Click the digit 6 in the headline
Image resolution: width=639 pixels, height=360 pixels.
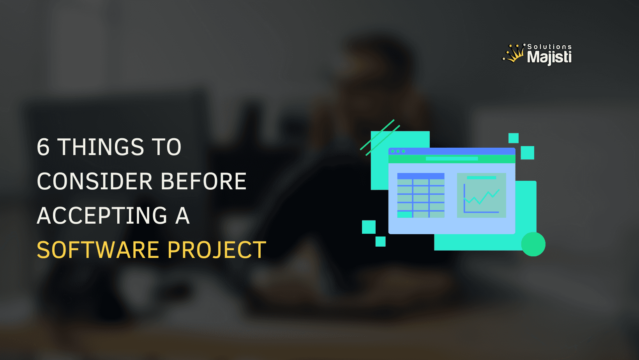[x=43, y=147]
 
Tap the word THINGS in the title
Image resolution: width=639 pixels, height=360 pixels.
[x=101, y=147]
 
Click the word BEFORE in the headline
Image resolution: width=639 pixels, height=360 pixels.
[x=203, y=182]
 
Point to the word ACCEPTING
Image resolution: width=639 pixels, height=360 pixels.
[x=102, y=216]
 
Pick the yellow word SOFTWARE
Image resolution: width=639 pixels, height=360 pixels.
[x=98, y=250]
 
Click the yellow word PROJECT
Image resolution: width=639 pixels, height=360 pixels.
[x=217, y=250]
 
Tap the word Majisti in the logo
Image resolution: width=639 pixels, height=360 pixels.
[x=549, y=57]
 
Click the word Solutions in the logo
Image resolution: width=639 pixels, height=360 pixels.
[x=549, y=47]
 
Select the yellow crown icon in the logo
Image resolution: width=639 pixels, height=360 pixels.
[x=514, y=54]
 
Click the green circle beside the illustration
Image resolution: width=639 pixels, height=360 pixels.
[x=533, y=244]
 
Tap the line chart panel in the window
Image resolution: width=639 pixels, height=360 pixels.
[x=481, y=195]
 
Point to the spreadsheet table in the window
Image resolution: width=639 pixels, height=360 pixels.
[x=421, y=195]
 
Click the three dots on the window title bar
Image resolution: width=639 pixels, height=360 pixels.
[x=398, y=151]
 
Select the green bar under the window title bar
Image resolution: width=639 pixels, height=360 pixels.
[x=452, y=159]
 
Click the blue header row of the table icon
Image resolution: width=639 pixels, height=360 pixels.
[x=421, y=176]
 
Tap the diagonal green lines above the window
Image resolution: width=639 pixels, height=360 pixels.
[x=380, y=138]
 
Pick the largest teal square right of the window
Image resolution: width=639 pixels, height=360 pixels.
[x=527, y=153]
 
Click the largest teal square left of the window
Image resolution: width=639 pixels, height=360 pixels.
[x=369, y=227]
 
